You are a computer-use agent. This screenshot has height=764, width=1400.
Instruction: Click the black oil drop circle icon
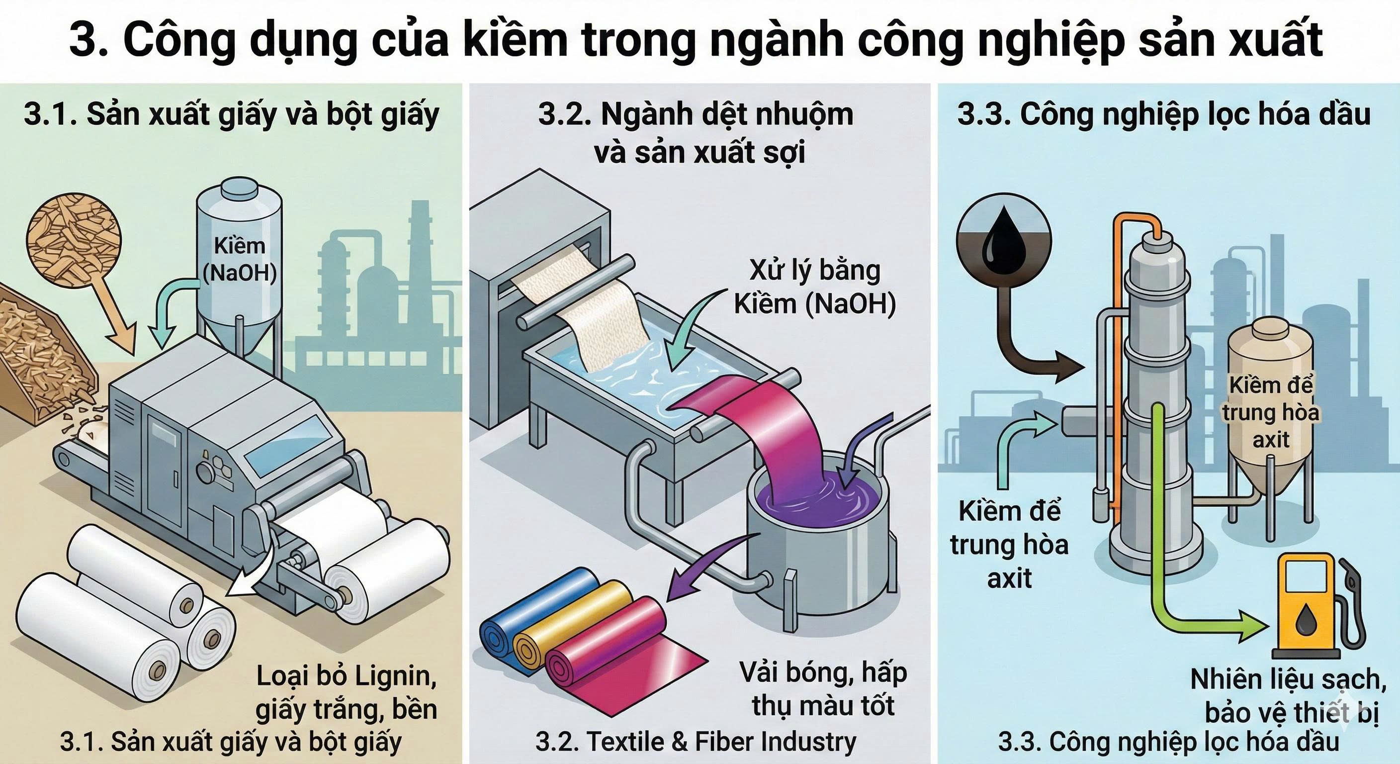pyautogui.click(x=1004, y=240)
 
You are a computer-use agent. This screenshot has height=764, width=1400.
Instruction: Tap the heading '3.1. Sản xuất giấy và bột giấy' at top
pyautogui.click(x=231, y=115)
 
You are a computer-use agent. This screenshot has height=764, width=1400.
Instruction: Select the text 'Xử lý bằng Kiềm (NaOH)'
pyautogui.click(x=814, y=287)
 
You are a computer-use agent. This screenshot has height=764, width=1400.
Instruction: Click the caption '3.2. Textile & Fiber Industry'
pyautogui.click(x=696, y=742)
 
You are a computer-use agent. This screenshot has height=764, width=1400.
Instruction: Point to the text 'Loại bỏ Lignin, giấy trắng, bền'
pyautogui.click(x=347, y=692)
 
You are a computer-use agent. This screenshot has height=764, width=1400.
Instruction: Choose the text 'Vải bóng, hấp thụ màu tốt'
pyautogui.click(x=823, y=689)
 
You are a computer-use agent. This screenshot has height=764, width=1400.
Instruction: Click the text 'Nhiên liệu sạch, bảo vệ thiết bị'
pyautogui.click(x=1288, y=696)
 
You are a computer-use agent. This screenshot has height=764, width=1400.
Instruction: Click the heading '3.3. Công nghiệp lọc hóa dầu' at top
pyautogui.click(x=1163, y=115)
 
